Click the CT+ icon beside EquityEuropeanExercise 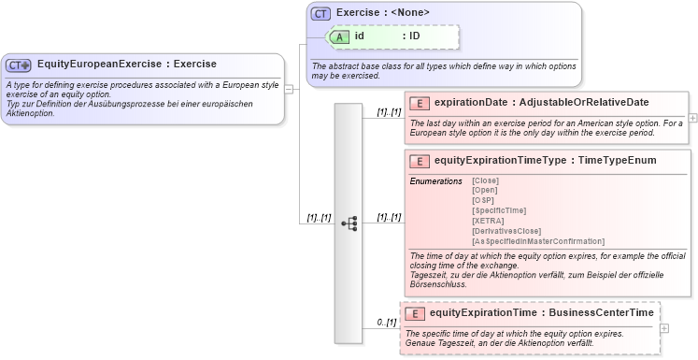(x=19, y=65)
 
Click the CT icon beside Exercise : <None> (x=321, y=13)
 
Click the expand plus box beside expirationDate (x=693, y=119)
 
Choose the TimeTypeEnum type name (x=617, y=161)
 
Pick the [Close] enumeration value (x=485, y=180)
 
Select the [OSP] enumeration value (x=483, y=200)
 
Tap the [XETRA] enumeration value (x=488, y=221)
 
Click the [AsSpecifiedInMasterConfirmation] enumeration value (x=538, y=241)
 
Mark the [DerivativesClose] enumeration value (x=506, y=231)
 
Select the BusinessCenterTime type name (x=601, y=313)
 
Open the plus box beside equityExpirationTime (x=664, y=328)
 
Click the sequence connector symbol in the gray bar (x=349, y=223)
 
